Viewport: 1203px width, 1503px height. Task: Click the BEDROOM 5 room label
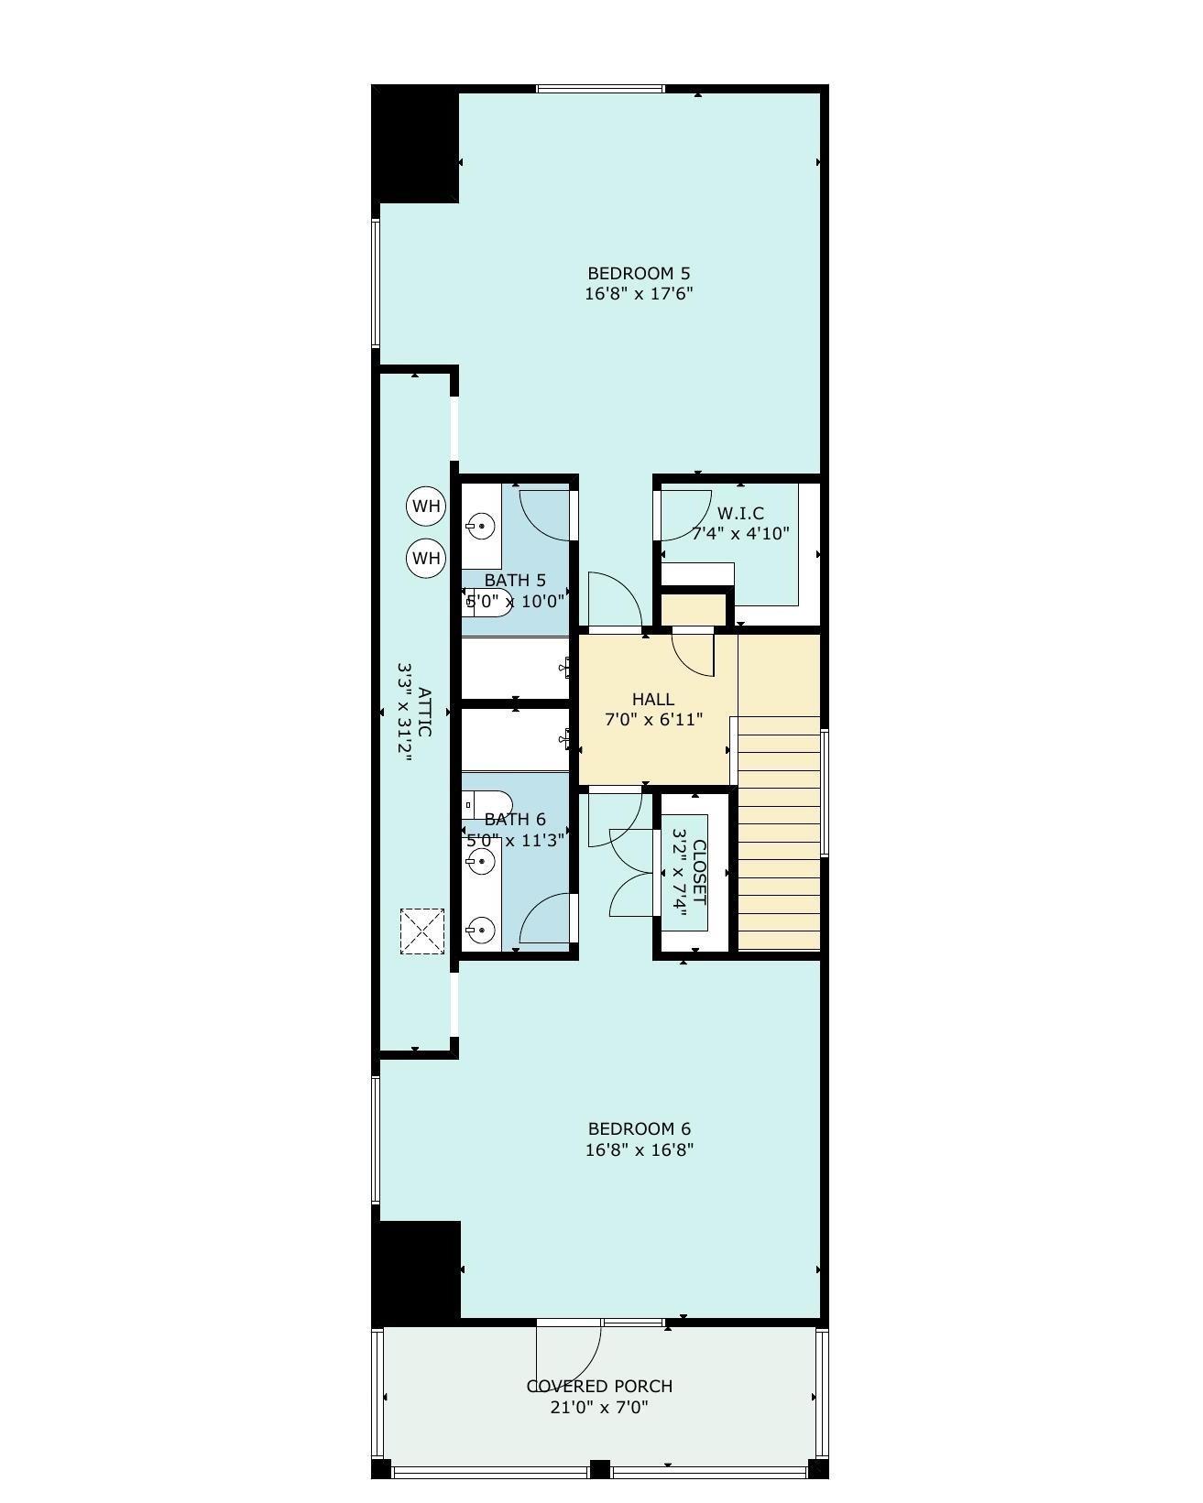(x=638, y=273)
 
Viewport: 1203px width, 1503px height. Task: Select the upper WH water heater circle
(x=426, y=506)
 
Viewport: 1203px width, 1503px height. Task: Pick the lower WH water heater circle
(x=426, y=558)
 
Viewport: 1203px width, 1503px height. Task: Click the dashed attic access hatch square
(x=422, y=931)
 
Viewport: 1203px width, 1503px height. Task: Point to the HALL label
(x=652, y=699)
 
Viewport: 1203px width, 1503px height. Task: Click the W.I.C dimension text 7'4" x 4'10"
(x=739, y=534)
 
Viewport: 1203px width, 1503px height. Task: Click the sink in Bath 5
(x=481, y=525)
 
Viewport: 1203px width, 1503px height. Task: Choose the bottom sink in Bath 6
(x=481, y=930)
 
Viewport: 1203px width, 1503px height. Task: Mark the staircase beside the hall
(x=778, y=833)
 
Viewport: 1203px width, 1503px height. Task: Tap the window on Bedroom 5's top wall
(x=600, y=89)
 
